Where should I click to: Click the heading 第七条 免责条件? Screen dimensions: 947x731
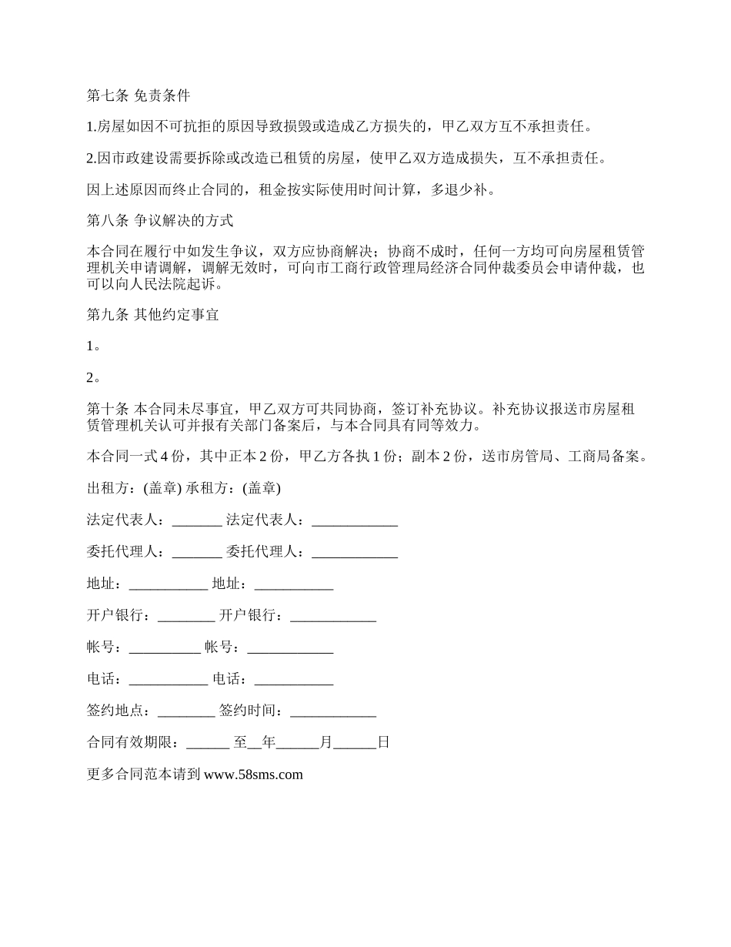pos(139,96)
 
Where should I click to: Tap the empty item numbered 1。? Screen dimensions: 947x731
pos(94,346)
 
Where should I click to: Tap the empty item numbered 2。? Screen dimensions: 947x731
pos(94,378)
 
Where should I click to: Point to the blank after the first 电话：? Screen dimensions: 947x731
pos(169,679)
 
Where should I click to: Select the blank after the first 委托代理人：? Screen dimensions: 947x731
pos(197,552)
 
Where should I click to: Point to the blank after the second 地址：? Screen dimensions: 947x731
pos(293,584)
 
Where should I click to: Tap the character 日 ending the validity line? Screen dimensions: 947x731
pos(383,743)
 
